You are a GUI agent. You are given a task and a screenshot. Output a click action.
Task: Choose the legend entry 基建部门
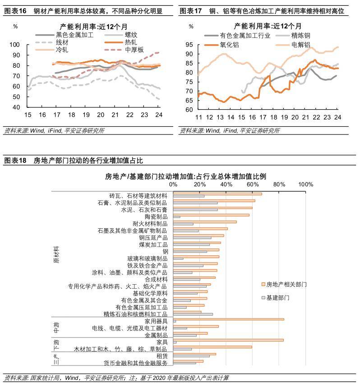[277, 298]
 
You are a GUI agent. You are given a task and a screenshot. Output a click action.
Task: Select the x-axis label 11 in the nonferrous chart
[198, 117]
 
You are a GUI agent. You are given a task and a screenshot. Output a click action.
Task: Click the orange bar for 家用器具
[229, 319]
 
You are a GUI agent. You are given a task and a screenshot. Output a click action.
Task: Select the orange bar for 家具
[228, 340]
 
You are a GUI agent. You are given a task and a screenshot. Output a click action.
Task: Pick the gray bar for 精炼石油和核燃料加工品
[193, 314]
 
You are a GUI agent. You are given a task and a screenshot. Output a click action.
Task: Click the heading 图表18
[15, 160]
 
